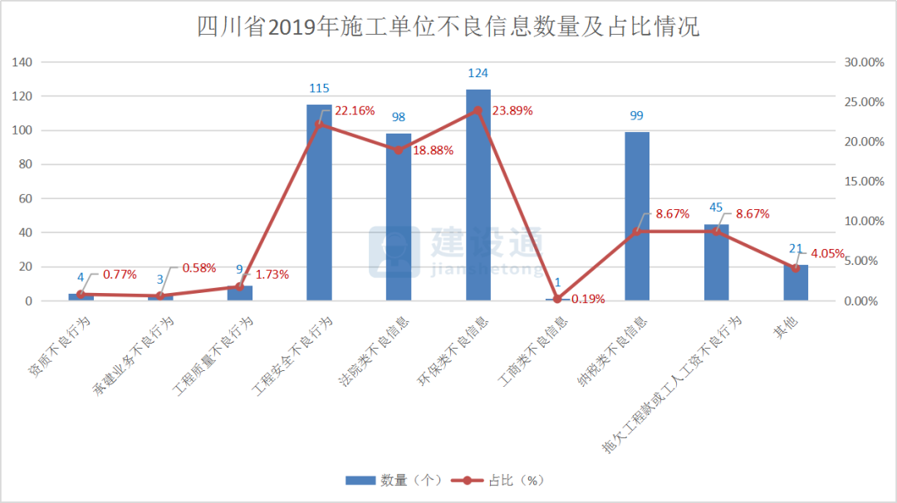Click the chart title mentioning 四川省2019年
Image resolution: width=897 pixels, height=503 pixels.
click(x=448, y=27)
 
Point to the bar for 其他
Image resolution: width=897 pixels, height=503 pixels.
click(x=796, y=283)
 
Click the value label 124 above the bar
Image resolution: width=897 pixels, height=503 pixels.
click(x=478, y=74)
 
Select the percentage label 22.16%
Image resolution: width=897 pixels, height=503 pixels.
click(x=355, y=110)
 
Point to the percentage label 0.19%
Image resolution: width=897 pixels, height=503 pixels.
click(x=587, y=299)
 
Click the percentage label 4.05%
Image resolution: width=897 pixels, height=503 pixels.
click(x=827, y=254)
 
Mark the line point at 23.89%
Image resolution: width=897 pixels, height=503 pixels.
click(x=478, y=110)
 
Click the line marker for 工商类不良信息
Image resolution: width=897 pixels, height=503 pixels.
click(x=557, y=299)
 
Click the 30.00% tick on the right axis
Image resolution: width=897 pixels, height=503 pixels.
click(x=864, y=62)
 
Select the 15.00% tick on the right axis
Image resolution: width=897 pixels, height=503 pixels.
click(x=864, y=182)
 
